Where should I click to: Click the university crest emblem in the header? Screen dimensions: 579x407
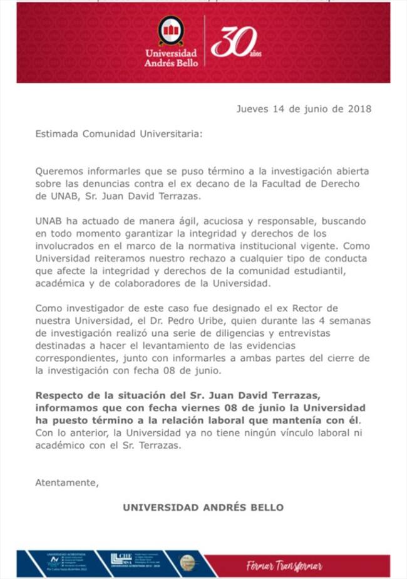point(170,31)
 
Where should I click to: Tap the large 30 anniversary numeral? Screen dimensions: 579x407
point(232,43)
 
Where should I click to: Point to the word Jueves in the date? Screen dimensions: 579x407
point(252,108)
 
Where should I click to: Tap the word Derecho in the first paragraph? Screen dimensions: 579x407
point(348,182)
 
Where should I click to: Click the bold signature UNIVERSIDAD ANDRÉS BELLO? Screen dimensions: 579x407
point(203,507)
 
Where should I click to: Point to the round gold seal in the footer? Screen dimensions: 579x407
point(188,562)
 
